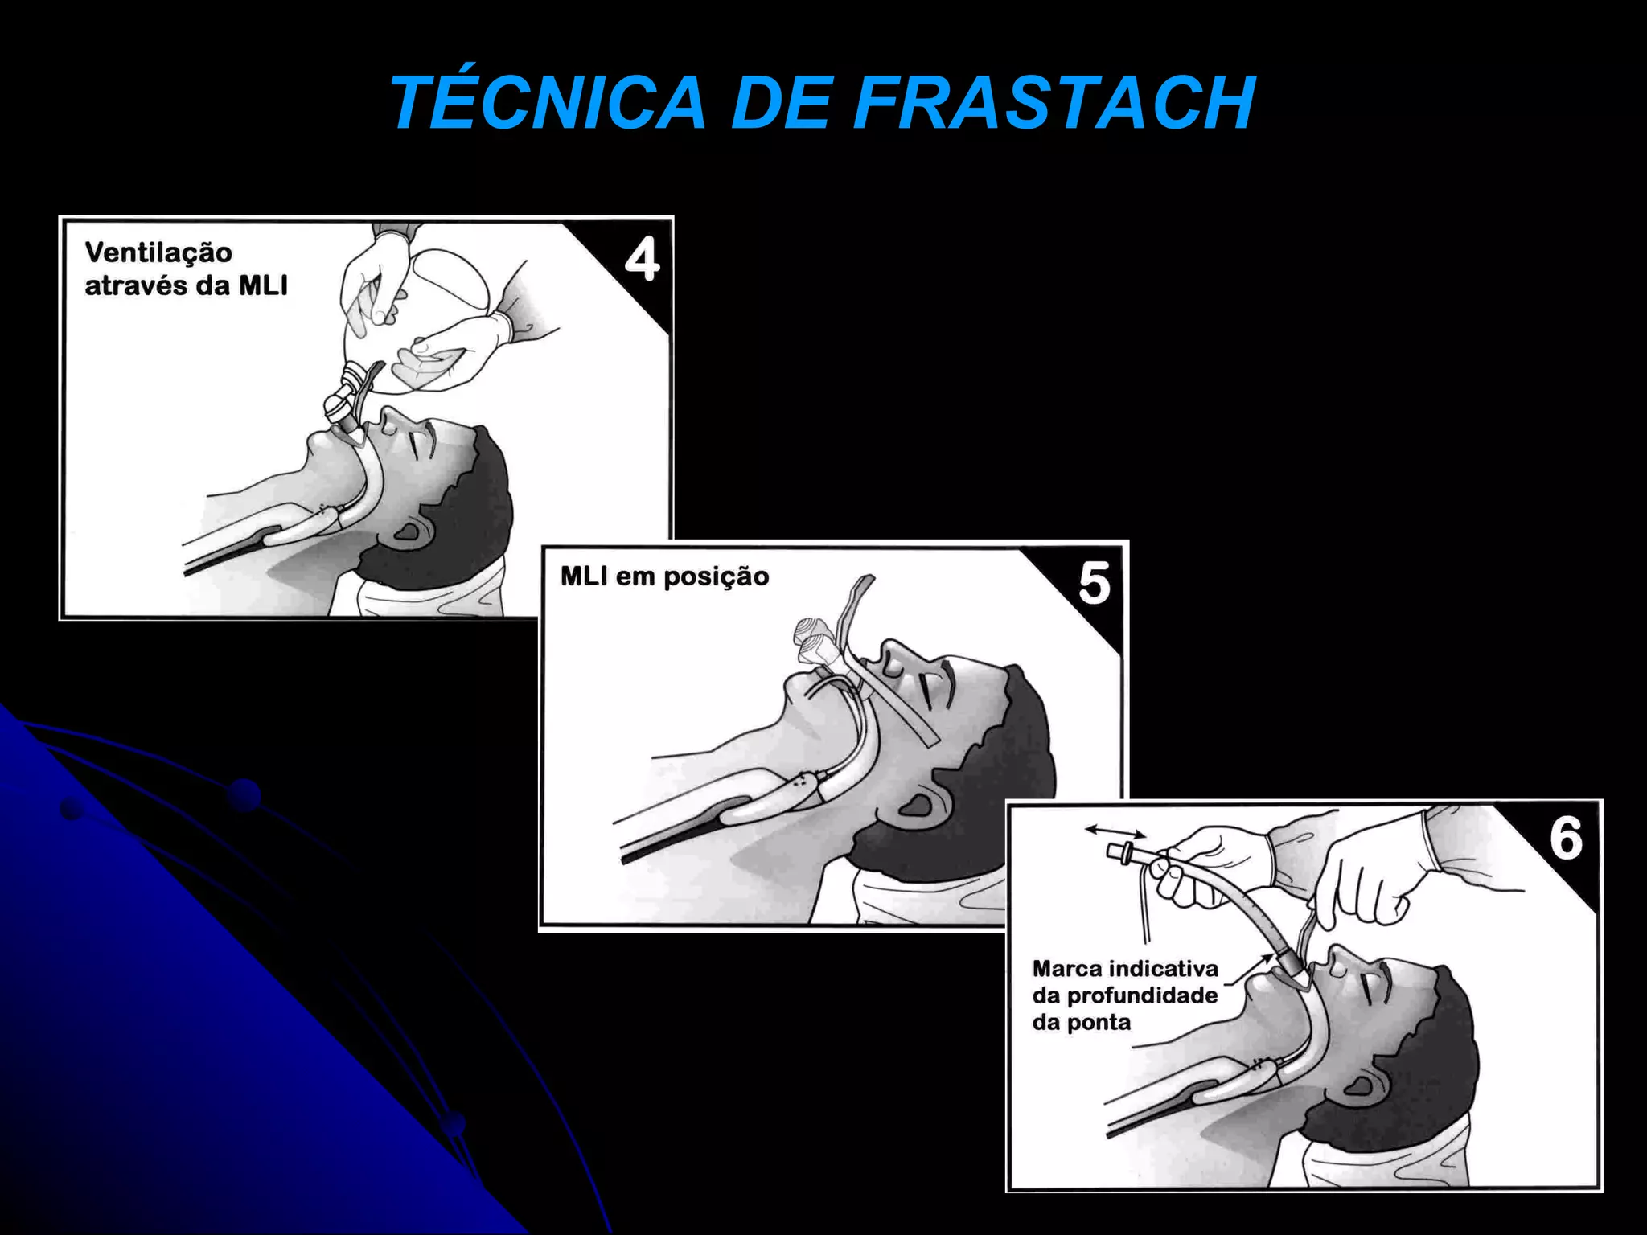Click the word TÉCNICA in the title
[x=548, y=103]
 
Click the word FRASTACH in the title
[x=1054, y=103]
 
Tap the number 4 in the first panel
[x=642, y=260]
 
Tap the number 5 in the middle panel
[x=1095, y=583]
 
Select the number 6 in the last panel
[x=1566, y=839]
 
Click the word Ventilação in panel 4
[x=158, y=252]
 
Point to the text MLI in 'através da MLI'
[x=263, y=285]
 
